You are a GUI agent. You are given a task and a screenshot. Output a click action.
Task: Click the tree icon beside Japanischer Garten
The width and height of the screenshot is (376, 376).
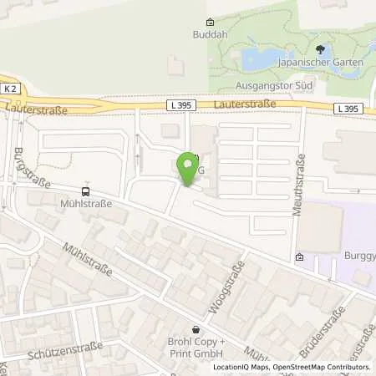click(x=319, y=50)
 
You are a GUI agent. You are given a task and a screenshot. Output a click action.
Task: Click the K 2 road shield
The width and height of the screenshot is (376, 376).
click(x=8, y=89)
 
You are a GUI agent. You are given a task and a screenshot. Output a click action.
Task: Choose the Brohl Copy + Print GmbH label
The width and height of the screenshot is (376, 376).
click(x=197, y=350)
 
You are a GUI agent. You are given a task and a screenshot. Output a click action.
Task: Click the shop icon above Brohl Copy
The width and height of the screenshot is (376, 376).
click(x=196, y=330)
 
